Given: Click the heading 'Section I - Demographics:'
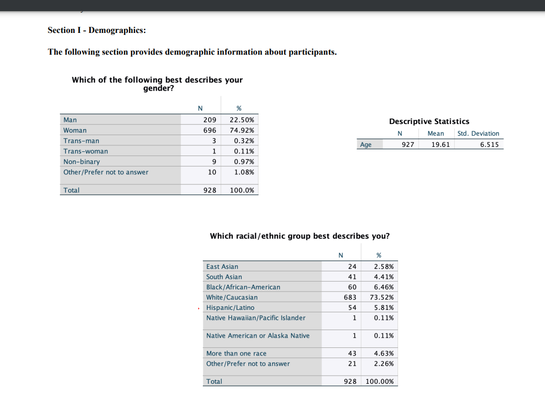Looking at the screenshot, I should [x=96, y=30].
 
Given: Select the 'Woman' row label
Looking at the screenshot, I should [x=75, y=130].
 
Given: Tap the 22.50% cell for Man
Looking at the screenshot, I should [x=242, y=120].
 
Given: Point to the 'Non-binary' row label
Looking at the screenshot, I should [x=82, y=162].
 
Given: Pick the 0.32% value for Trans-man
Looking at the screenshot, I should [x=244, y=141].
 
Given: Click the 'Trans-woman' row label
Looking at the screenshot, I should [x=86, y=151].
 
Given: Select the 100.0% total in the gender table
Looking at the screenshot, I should [x=242, y=190].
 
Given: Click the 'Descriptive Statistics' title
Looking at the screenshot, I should [x=429, y=122].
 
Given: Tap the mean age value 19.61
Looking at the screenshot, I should [x=440, y=144].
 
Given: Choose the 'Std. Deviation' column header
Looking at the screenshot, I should [x=478, y=134].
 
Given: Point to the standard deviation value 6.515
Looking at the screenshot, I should [x=489, y=144].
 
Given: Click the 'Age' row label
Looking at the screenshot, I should [x=366, y=144].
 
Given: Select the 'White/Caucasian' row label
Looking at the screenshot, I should [x=232, y=297].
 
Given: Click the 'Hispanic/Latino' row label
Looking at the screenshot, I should [x=230, y=307].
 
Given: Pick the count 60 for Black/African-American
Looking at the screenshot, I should [x=352, y=287].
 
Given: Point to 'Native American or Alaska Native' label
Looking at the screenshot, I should [x=258, y=336].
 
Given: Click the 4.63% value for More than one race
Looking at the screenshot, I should [x=383, y=353].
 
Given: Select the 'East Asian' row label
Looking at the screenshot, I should [x=222, y=266].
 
